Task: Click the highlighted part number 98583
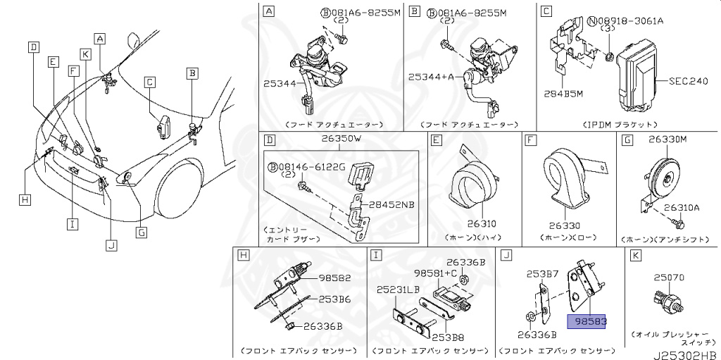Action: tap(590, 321)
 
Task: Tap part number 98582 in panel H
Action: tap(334, 278)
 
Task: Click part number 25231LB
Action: tap(399, 290)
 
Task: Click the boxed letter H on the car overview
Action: tap(25, 201)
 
